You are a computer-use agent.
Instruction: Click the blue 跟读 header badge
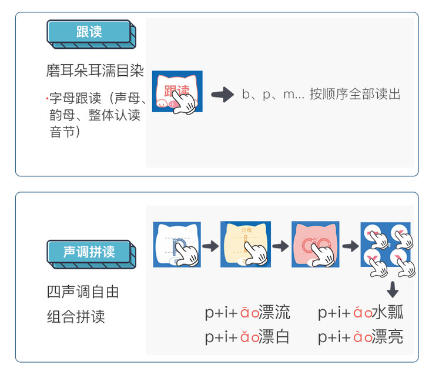89,32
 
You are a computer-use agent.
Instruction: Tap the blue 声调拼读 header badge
89,252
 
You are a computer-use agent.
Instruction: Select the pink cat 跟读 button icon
177,92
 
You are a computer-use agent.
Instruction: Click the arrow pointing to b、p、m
222,95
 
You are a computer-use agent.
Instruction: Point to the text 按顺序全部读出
355,95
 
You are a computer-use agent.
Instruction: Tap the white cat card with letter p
177,244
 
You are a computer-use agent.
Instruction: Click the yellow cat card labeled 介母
245,244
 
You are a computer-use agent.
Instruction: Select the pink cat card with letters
316,244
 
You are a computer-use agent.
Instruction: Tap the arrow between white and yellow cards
210,245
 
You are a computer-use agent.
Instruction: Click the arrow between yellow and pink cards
280,245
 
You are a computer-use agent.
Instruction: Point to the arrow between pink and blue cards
350,245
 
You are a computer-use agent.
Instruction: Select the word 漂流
274,312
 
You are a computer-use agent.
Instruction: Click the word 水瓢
388,312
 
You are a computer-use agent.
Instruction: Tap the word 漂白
274,337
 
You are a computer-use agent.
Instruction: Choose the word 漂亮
388,337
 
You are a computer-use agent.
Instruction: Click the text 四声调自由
83,292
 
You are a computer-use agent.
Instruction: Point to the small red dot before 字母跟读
46,96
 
